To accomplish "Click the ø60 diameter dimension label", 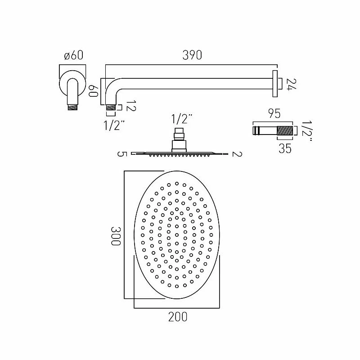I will pos(74,55).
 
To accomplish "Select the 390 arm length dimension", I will pos(192,55).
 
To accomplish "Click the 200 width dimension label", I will pos(177,317).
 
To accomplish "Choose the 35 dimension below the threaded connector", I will pos(285,148).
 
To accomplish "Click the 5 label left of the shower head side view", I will pos(121,154).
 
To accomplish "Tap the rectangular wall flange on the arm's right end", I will pos(274,84).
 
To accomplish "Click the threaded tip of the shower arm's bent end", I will pos(110,108).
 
